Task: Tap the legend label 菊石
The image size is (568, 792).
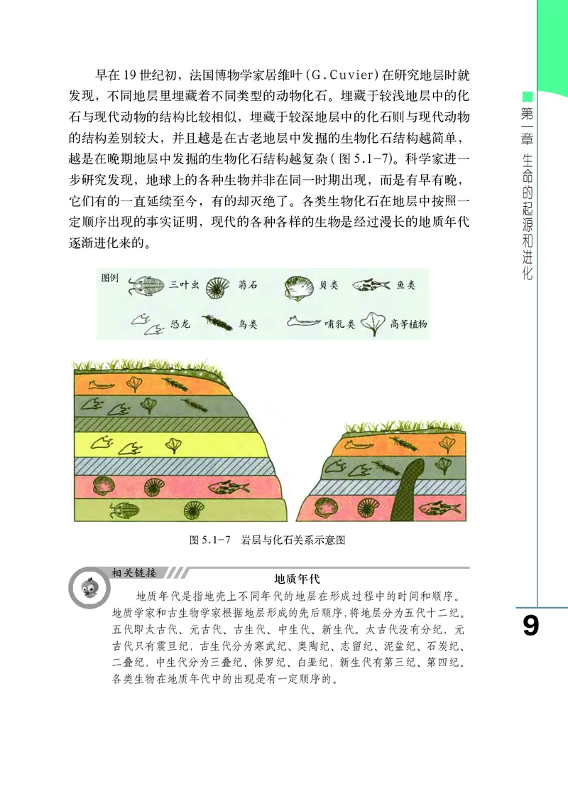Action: point(246,286)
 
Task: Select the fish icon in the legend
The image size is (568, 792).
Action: point(371,285)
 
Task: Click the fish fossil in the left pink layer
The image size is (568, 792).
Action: point(223,487)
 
